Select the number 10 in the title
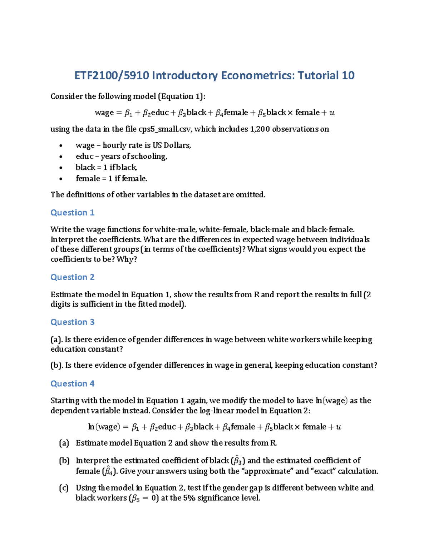pyautogui.click(x=348, y=75)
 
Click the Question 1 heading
pyautogui.click(x=72, y=213)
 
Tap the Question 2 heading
pyautogui.click(x=72, y=277)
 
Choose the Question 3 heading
pyautogui.click(x=72, y=322)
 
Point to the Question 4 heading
pyautogui.click(x=72, y=384)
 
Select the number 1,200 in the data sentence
pyautogui.click(x=258, y=129)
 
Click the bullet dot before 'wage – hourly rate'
pyautogui.click(x=61, y=146)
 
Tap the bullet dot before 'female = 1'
pyautogui.click(x=61, y=179)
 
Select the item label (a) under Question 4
pyautogui.click(x=64, y=443)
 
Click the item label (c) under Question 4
pyautogui.click(x=64, y=488)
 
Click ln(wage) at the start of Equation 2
pyautogui.click(x=103, y=427)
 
